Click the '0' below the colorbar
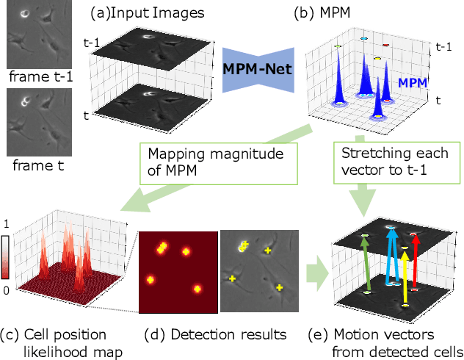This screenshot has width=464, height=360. click(7, 291)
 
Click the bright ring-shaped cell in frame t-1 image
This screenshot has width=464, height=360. click(26, 12)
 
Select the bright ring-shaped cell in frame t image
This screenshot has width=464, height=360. click(26, 101)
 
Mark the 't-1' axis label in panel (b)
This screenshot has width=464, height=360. click(443, 46)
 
